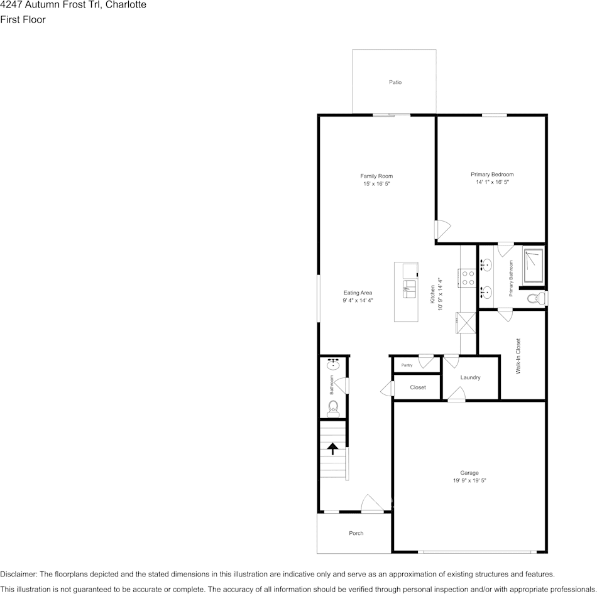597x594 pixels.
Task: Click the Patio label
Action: tap(395, 82)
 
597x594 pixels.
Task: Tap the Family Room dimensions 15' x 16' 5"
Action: tap(376, 184)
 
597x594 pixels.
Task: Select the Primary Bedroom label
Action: tap(492, 174)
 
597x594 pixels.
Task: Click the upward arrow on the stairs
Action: tap(332, 448)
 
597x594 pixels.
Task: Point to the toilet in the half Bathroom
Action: tap(333, 408)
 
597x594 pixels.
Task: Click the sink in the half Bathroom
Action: tap(333, 365)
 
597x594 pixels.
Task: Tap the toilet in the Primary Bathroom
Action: tap(535, 298)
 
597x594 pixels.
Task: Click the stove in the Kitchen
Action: tap(468, 277)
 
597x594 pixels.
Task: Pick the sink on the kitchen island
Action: tap(410, 289)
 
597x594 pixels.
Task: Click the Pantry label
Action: tap(407, 365)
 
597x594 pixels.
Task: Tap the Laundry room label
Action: tap(470, 377)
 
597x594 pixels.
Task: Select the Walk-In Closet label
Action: tap(518, 356)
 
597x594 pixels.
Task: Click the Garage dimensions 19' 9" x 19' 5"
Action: tap(469, 480)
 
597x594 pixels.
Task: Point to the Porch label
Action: tap(356, 533)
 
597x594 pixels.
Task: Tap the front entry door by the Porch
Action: tap(372, 504)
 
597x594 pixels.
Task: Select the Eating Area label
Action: tap(358, 293)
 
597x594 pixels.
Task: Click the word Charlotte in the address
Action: tap(126, 5)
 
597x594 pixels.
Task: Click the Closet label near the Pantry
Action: tap(418, 387)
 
